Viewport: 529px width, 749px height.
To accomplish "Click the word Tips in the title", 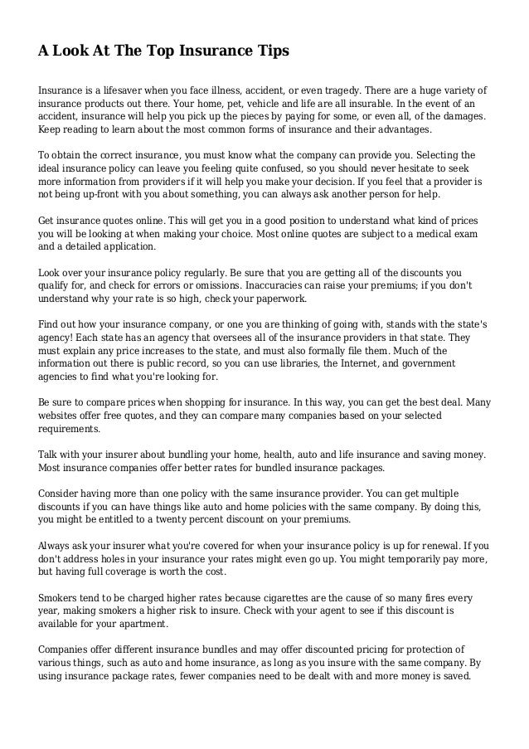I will tap(270, 51).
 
